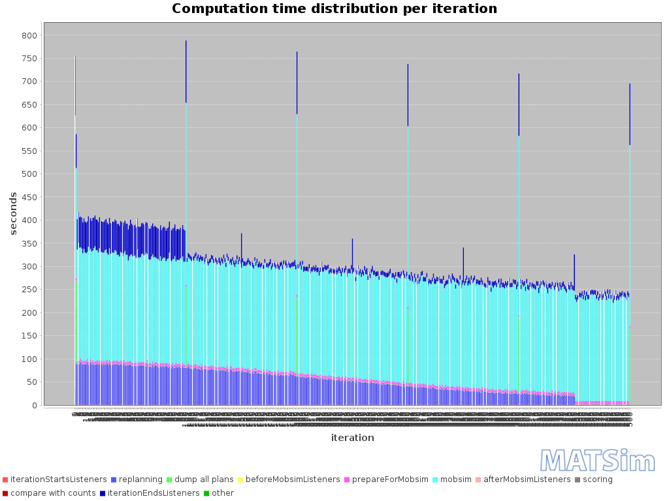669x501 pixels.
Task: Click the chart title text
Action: pos(334,9)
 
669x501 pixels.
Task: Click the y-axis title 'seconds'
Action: pos(13,213)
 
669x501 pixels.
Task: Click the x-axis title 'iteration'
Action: pos(352,438)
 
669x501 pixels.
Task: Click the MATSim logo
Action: pos(598,461)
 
